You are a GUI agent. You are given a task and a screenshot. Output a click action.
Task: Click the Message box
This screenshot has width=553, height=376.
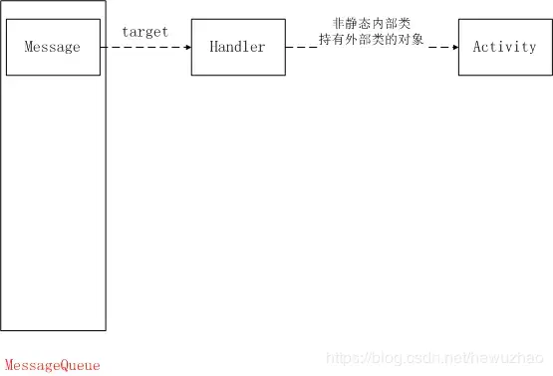tap(53, 47)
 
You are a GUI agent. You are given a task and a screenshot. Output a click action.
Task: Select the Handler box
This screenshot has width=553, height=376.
tap(237, 47)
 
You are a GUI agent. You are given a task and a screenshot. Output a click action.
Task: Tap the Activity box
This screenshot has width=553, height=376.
tap(503, 47)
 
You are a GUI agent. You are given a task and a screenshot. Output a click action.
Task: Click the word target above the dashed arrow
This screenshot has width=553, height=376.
tap(144, 32)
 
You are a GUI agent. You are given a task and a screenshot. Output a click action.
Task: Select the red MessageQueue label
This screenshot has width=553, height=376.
tap(53, 365)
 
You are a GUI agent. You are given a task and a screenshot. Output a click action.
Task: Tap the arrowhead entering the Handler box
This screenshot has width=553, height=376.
tap(186, 47)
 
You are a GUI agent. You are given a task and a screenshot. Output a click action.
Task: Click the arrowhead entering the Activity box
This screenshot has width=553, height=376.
tap(453, 47)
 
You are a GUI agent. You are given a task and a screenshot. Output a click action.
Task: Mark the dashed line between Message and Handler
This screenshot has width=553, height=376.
tap(144, 47)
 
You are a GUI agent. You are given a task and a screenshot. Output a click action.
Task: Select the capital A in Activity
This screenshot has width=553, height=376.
tap(477, 47)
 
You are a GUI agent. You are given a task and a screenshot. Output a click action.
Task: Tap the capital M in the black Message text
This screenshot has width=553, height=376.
tap(29, 47)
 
